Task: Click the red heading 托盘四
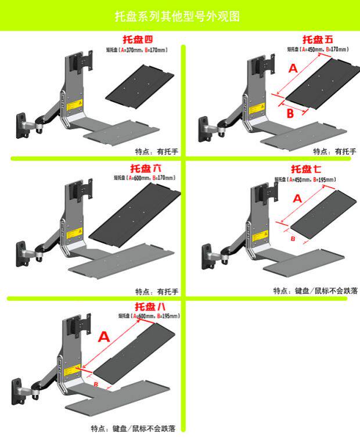point(138,40)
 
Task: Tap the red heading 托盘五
point(318,39)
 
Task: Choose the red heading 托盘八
point(150,306)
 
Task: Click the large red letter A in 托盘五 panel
point(293,69)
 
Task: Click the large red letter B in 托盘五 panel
point(290,113)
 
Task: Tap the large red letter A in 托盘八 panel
point(104,335)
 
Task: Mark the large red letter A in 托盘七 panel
point(297,199)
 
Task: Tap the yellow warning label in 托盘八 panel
point(70,369)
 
